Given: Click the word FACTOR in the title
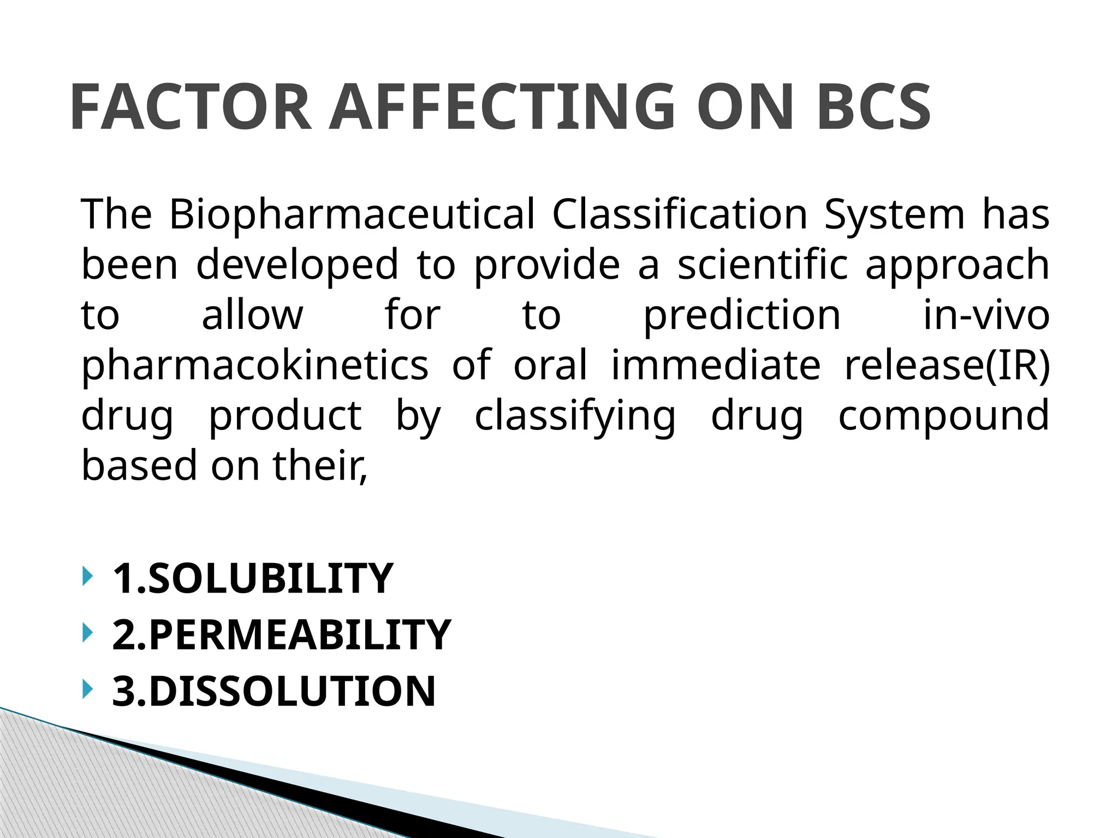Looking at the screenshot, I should [x=191, y=107].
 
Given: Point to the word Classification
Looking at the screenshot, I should [x=680, y=214].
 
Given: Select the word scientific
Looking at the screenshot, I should [x=763, y=264].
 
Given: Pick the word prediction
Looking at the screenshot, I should [x=742, y=315].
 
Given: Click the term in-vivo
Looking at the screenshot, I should [x=986, y=315].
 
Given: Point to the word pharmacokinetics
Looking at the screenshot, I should [x=255, y=366].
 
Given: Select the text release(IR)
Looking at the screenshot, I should [x=947, y=365].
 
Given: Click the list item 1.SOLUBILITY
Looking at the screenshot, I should [x=252, y=578].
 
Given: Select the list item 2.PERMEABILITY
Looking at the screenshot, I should [x=281, y=635].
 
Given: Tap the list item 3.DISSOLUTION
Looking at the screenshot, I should [x=273, y=691].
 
